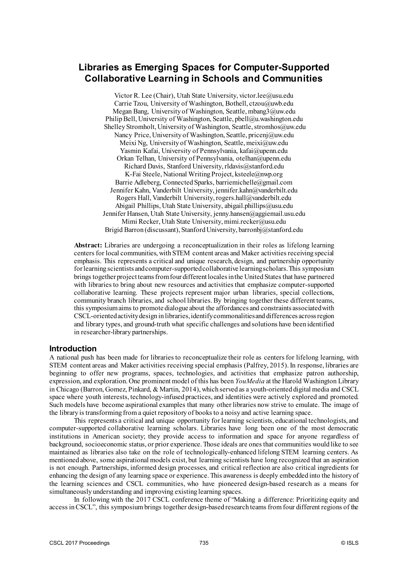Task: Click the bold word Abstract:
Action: (88, 245)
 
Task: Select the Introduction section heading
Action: (73, 349)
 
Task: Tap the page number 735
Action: (204, 543)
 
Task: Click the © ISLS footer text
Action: (350, 543)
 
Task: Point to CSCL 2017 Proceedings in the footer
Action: (79, 543)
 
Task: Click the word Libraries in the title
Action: (96, 67)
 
